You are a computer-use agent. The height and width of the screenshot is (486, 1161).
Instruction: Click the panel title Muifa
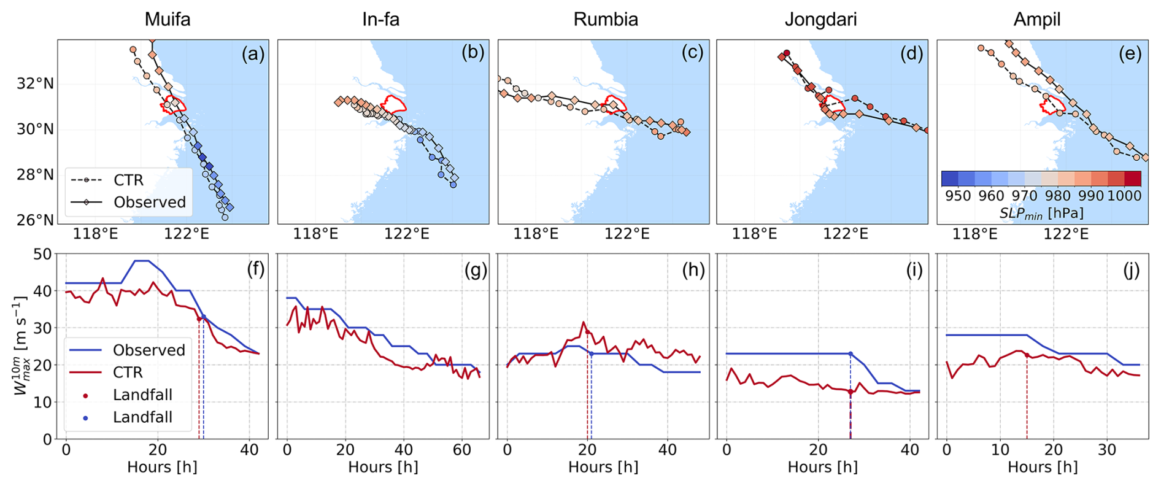167,19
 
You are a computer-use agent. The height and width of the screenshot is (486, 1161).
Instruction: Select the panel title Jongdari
820,19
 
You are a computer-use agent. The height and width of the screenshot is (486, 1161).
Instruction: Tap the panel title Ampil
1036,19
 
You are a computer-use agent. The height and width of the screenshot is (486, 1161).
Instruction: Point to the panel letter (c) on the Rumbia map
692,53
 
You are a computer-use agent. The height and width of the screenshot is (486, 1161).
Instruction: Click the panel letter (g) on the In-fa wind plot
475,270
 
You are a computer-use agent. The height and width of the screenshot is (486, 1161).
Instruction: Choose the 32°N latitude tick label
35,83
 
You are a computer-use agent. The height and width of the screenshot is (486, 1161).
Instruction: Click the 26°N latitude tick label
35,220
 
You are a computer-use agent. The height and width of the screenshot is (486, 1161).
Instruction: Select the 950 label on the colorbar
958,196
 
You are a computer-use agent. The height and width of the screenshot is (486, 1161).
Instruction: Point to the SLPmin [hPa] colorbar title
1041,213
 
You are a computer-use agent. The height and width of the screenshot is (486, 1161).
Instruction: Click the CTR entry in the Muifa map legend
128,180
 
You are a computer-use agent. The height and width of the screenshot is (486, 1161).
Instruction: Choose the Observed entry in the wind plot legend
148,350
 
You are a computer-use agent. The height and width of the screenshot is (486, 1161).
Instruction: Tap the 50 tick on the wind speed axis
42,253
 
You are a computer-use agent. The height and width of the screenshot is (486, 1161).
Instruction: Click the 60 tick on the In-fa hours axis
461,449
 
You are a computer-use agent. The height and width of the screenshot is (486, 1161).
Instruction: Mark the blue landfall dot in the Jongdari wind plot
850,354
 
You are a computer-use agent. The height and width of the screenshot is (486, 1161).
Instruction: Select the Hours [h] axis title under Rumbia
603,467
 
